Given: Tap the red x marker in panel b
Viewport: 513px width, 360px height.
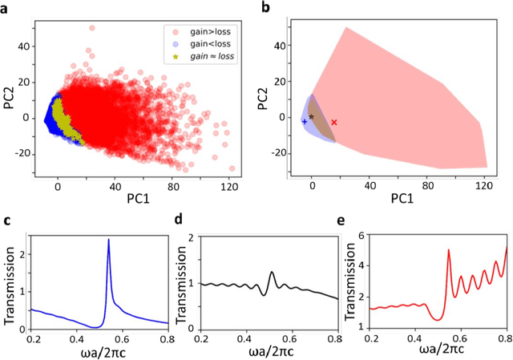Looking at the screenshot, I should point(334,123).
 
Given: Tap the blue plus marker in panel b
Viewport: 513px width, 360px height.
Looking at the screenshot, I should point(304,121).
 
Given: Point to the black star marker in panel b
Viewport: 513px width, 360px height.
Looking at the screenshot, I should point(311,117).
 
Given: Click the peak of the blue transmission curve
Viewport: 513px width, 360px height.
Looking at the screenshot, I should point(108,240).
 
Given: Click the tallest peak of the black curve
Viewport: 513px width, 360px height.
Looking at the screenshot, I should point(272,273).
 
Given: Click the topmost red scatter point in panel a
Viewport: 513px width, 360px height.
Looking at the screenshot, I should point(91,28).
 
